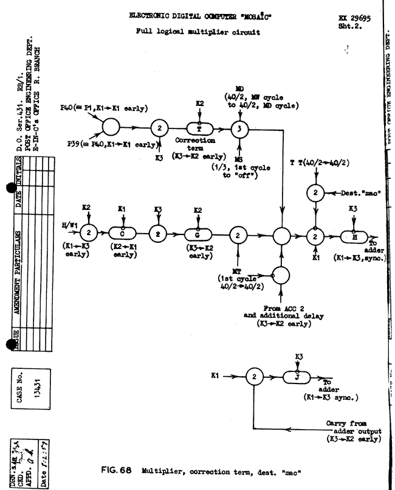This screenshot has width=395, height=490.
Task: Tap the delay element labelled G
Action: [199, 235]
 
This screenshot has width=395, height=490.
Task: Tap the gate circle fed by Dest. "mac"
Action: [315, 192]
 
